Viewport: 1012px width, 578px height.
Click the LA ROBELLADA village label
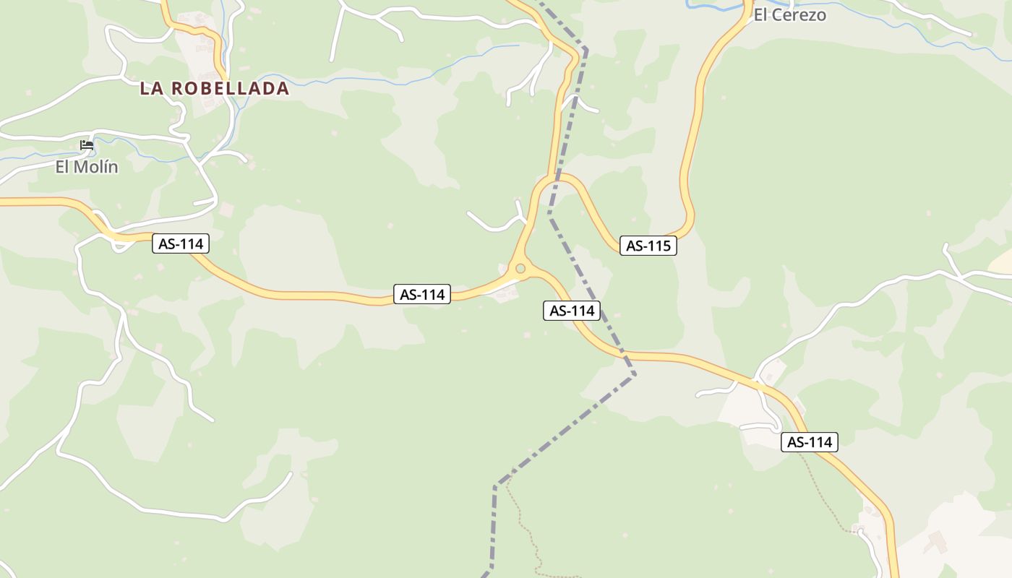point(214,89)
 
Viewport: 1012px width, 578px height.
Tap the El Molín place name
point(87,167)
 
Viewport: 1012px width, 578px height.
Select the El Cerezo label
point(789,15)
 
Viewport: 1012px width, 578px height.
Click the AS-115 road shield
point(648,246)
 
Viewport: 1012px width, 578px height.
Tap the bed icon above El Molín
point(87,145)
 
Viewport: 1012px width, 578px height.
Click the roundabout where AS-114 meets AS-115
point(520,269)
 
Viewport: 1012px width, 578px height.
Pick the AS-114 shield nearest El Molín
point(181,244)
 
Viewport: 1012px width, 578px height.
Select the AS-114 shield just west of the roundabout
point(422,295)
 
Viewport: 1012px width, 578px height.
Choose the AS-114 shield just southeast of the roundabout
point(572,311)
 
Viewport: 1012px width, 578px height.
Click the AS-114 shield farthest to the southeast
point(809,442)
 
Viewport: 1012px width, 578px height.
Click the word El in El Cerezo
point(760,15)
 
